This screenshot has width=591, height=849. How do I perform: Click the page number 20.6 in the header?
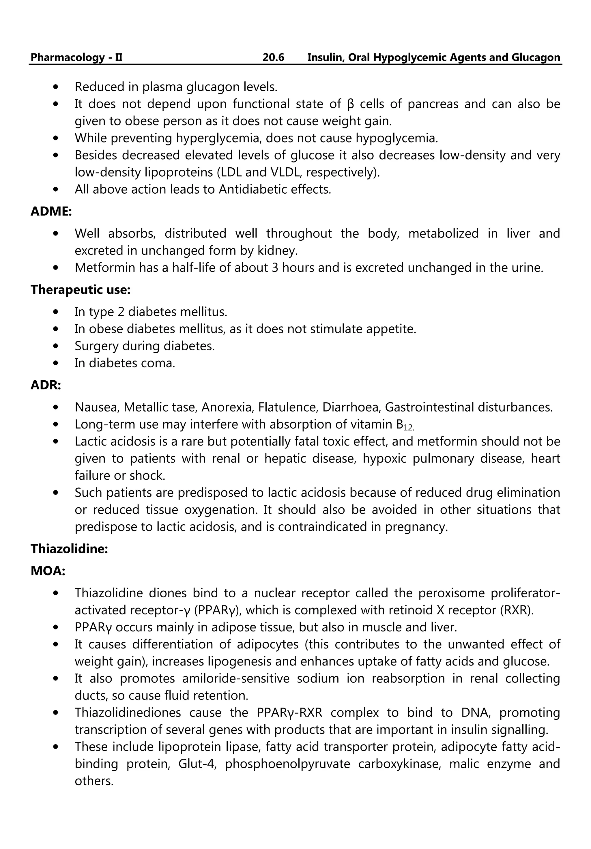pos(273,57)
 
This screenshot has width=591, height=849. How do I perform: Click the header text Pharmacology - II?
pos(76,57)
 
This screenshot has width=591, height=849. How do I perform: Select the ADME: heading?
pos(51,212)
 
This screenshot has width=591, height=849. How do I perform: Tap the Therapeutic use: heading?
pos(81,289)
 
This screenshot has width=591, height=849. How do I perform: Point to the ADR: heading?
pos(46,385)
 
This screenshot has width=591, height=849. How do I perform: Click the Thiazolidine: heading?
pos(69,549)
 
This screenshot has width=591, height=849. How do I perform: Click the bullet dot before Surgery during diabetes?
pos(56,346)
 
